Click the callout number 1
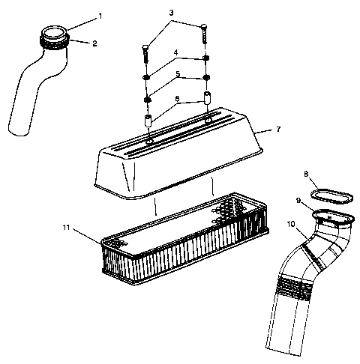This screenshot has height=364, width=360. click(102, 16)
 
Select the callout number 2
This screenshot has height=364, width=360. click(95, 43)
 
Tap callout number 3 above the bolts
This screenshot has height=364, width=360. click(171, 13)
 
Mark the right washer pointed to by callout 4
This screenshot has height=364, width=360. click(205, 61)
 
